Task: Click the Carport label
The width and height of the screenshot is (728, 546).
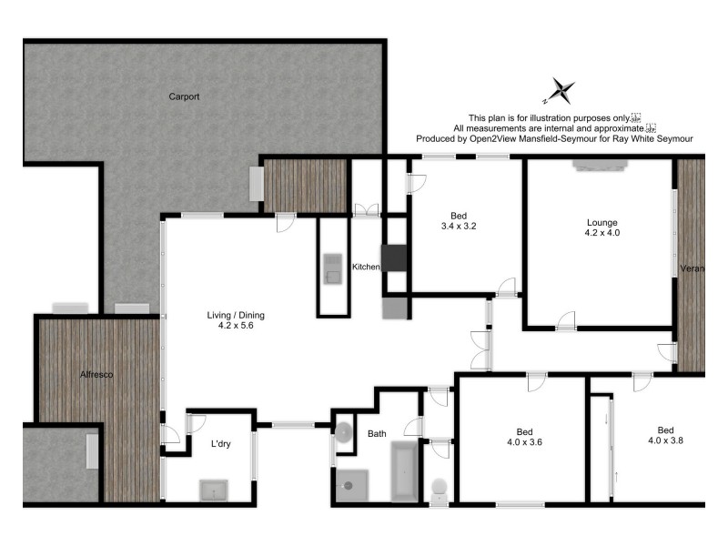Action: (184, 96)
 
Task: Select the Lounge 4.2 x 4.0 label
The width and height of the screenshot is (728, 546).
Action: (602, 227)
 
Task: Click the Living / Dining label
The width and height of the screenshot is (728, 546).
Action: (236, 321)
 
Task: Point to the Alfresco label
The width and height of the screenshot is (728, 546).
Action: (96, 374)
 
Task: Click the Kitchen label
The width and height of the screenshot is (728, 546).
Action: (366, 267)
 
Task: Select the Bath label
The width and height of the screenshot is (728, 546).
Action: (377, 434)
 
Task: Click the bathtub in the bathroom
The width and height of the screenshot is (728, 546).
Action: (404, 470)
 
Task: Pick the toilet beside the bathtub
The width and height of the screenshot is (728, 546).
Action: (439, 489)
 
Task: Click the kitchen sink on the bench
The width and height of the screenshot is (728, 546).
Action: (331, 267)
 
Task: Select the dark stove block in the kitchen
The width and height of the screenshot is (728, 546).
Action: (395, 258)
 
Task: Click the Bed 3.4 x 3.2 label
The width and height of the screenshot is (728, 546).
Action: (459, 221)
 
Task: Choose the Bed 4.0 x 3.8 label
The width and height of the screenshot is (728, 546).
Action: (665, 435)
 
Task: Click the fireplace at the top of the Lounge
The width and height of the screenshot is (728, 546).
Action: (600, 165)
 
